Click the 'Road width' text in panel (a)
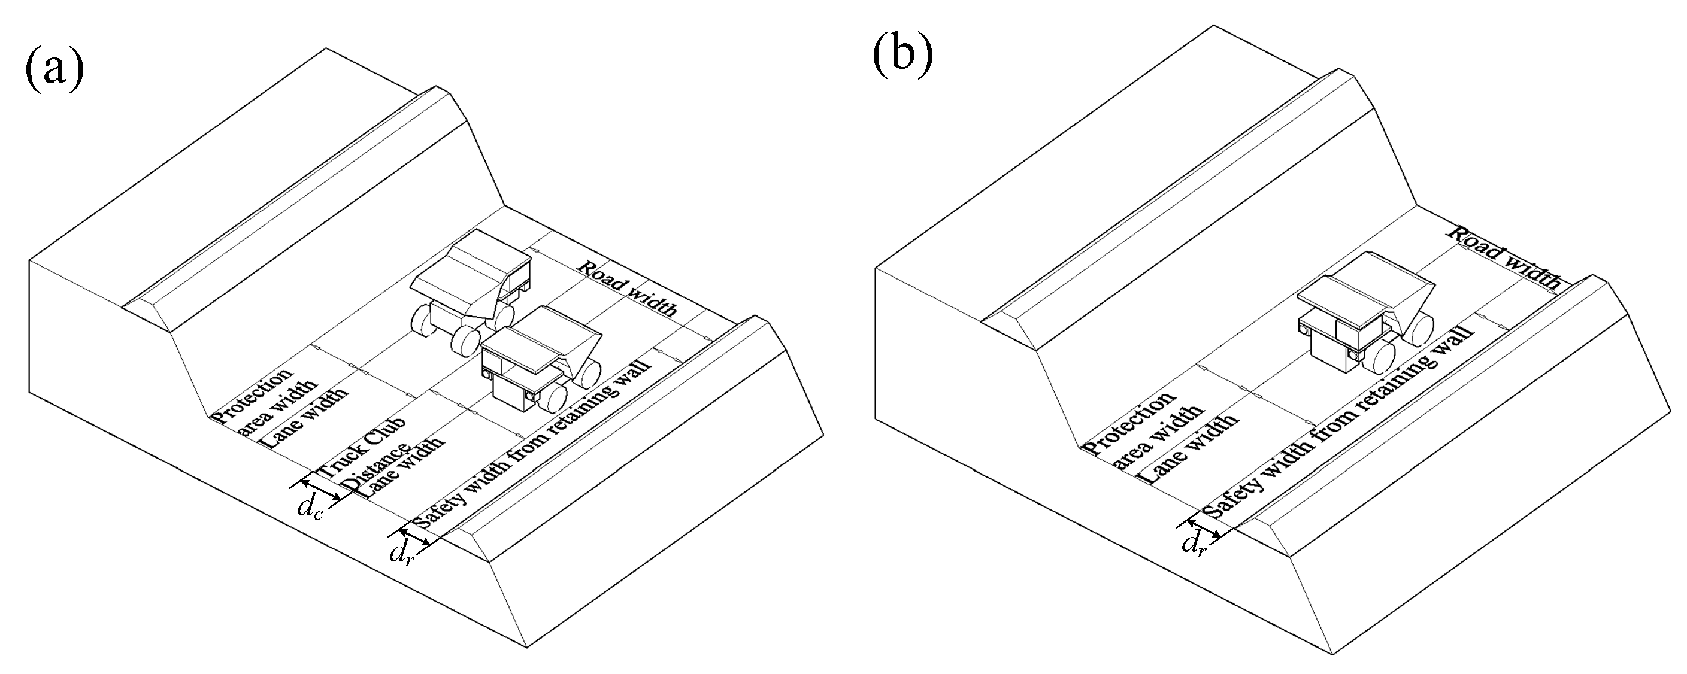pyautogui.click(x=627, y=289)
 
